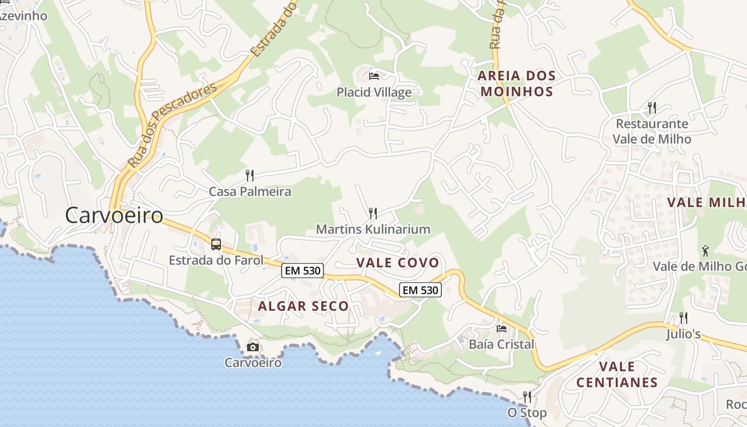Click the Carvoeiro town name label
pos(114,215)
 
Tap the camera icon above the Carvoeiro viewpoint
pos(253,347)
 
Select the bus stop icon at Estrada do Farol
pos(216,244)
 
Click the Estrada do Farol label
pos(216,260)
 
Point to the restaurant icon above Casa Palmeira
pos(249,175)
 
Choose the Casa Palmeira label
pos(250,192)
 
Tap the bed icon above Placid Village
pos(374,76)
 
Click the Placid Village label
pos(374,92)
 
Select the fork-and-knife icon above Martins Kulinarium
pos(373,213)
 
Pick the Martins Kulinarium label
pos(373,230)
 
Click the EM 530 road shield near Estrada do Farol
pos(303,271)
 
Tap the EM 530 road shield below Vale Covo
pos(420,290)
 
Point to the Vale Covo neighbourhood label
pos(398,263)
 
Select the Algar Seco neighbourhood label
pos(303,306)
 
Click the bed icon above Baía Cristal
pos(502,328)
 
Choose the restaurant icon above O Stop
pos(527,397)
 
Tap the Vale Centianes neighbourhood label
pos(617,375)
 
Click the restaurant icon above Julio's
pos(683,318)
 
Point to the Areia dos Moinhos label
pos(516,84)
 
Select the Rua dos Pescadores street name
pos(172,124)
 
